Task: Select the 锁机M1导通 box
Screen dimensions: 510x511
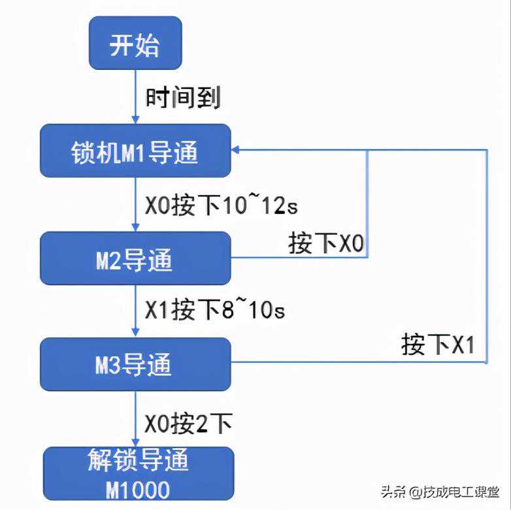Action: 135,151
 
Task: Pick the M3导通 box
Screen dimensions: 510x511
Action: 135,364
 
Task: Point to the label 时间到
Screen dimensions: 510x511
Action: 184,98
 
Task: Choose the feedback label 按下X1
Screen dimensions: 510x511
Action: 437,345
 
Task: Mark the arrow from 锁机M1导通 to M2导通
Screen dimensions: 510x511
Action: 135,204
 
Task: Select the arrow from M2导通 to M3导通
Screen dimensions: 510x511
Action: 135,311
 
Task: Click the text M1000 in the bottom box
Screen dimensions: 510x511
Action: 137,489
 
